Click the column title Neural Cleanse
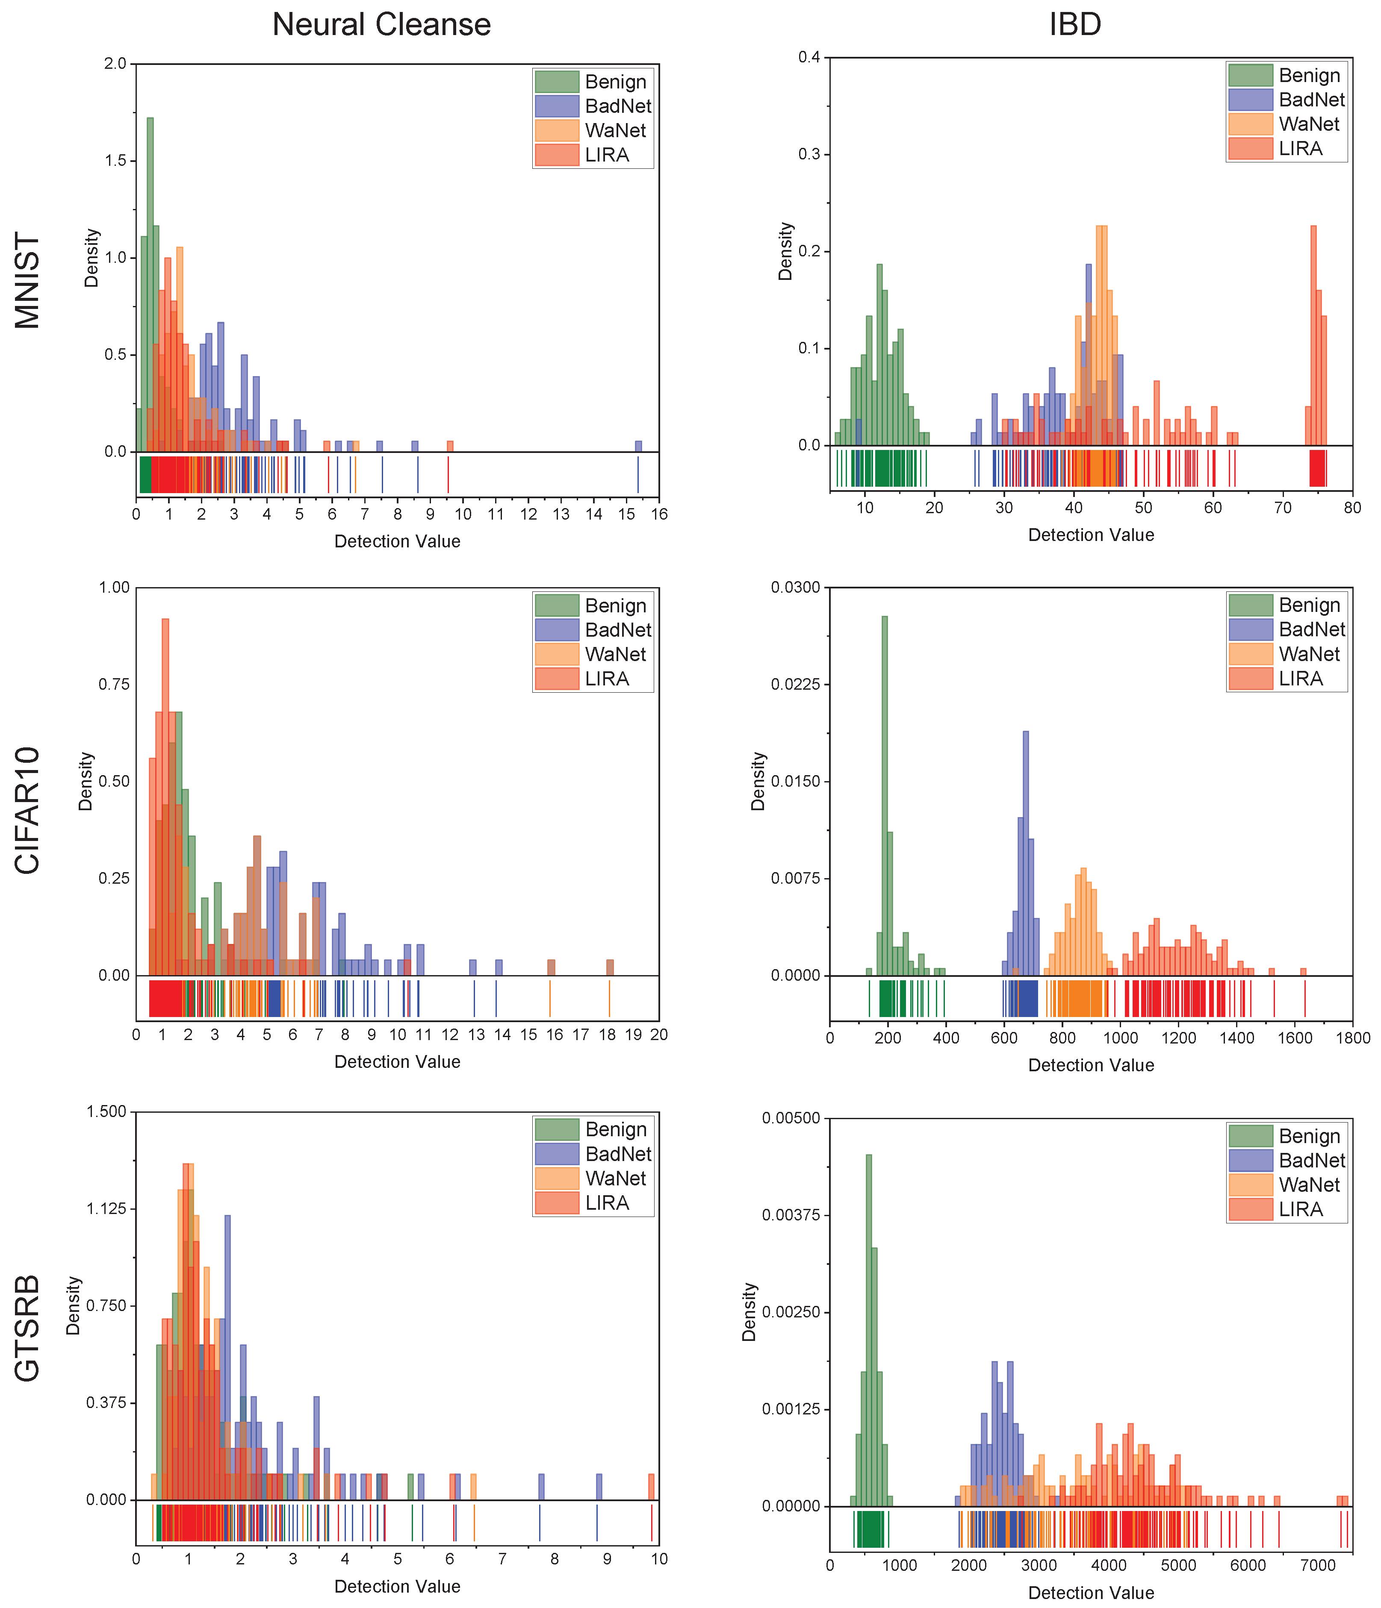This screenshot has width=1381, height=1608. point(381,25)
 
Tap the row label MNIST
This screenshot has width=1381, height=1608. point(28,280)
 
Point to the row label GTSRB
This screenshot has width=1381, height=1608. point(28,1329)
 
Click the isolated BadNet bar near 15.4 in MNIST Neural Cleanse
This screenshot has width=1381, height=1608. point(638,446)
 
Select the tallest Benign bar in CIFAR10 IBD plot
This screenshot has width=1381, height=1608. point(884,791)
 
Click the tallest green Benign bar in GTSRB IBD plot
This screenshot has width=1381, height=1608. point(869,1327)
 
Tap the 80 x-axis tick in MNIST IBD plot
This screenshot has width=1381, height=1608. point(1352,508)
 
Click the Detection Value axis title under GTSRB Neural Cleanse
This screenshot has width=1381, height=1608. point(397,1586)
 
